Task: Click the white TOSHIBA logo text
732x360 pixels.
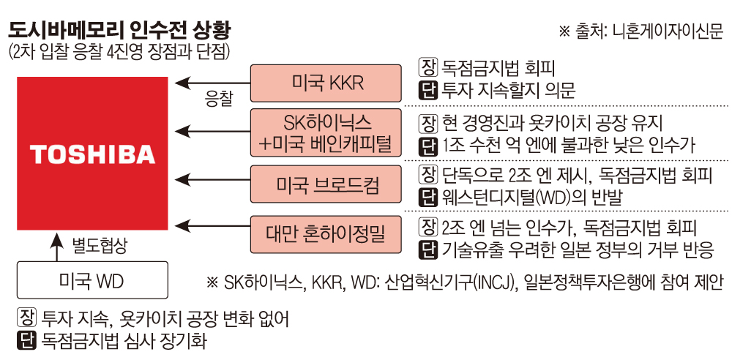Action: [92, 154]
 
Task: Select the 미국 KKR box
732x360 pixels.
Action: [326, 82]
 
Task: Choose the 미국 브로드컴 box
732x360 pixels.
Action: [326, 184]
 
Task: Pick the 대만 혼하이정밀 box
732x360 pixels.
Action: [326, 235]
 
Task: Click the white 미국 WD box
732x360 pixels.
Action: [92, 280]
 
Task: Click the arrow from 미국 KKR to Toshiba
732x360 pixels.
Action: [212, 82]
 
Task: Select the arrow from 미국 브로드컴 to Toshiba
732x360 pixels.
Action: [212, 184]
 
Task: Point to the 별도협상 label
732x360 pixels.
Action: [100, 246]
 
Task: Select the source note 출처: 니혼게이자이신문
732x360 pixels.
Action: [640, 31]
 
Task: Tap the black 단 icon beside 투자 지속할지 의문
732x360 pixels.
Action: [427, 91]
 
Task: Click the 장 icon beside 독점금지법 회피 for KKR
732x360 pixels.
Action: [427, 69]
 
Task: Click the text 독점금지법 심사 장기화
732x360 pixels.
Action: [125, 340]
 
